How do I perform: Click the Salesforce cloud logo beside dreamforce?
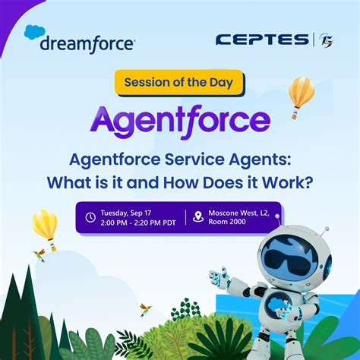(35, 33)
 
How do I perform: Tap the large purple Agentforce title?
(179, 118)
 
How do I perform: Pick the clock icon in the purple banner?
(91, 217)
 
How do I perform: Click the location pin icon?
(198, 216)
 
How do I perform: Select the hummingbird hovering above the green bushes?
(145, 308)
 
